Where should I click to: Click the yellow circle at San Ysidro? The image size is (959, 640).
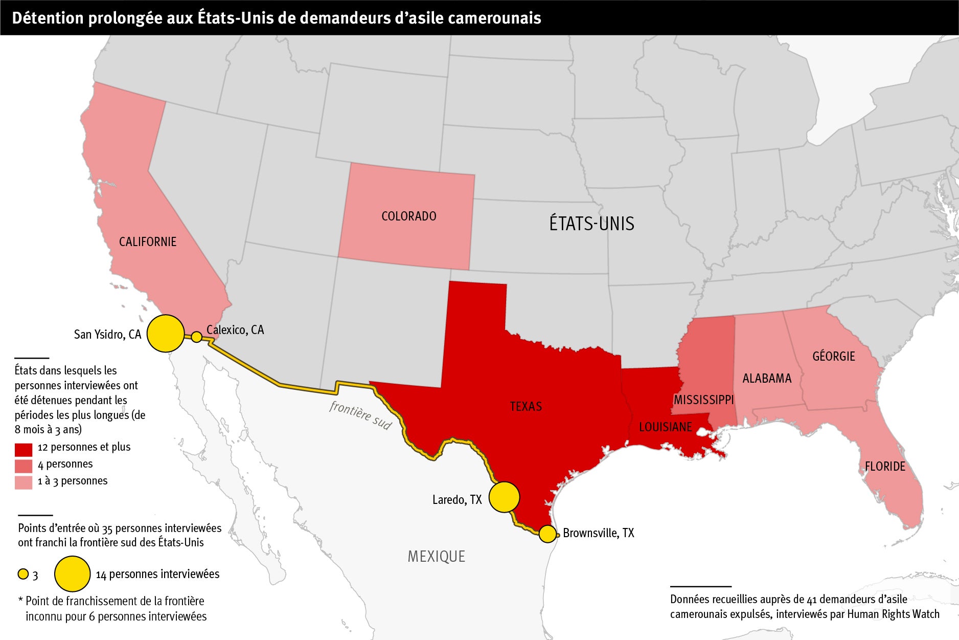point(166,334)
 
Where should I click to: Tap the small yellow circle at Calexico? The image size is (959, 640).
point(196,337)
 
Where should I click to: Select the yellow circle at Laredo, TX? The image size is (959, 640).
point(504,497)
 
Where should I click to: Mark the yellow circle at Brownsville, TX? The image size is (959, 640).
point(547,534)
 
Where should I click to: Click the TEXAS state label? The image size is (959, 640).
point(526,407)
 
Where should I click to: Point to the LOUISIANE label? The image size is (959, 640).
point(665,427)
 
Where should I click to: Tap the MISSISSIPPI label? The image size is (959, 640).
point(703,400)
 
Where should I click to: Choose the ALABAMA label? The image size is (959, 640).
point(766,379)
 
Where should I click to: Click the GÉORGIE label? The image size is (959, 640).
point(833,356)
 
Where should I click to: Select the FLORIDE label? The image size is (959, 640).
point(884,467)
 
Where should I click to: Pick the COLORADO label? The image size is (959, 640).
point(408,216)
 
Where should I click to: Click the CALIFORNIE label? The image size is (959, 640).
point(147,242)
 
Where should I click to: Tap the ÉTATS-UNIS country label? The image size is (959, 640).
point(591,224)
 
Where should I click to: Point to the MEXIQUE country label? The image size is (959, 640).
point(436,557)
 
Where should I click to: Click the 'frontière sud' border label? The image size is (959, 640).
point(360,414)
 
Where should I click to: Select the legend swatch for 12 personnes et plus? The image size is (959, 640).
point(24,449)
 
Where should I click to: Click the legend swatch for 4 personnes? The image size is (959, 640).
point(24,466)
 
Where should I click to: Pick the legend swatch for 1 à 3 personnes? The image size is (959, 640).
point(24,482)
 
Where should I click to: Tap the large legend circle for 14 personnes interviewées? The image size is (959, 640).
point(72,574)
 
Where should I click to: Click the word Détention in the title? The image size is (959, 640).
point(47,18)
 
